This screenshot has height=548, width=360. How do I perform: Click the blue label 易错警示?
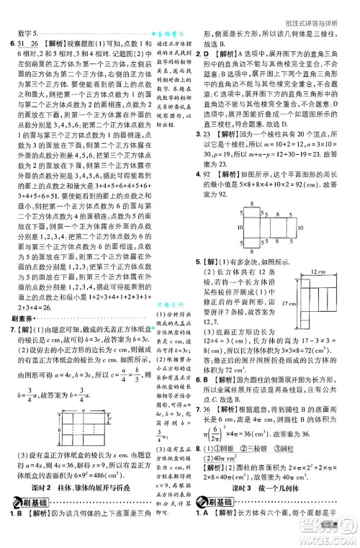[169, 33]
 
